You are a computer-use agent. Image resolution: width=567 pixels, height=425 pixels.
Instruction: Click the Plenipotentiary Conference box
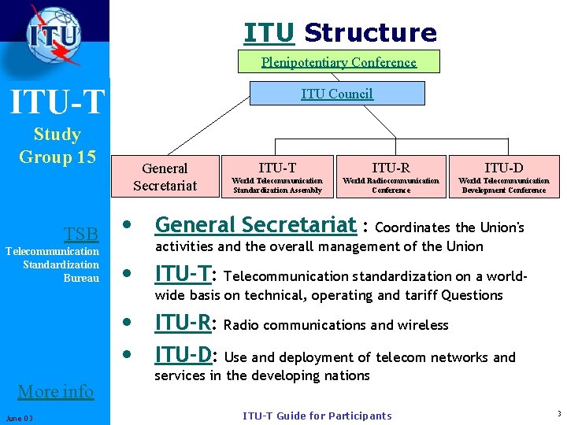[339, 62]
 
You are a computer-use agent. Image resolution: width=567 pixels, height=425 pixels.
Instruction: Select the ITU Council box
[336, 94]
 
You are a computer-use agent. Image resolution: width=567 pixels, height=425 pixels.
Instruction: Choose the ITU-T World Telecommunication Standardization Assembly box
[277, 176]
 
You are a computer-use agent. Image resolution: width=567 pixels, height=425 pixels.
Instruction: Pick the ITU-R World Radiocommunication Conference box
[391, 176]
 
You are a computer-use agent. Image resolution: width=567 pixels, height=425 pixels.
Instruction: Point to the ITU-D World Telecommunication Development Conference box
[504, 176]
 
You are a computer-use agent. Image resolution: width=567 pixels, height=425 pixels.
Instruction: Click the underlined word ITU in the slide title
[269, 33]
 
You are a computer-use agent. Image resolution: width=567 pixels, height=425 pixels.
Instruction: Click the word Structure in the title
[370, 33]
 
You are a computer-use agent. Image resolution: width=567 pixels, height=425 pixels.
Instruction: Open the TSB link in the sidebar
[81, 234]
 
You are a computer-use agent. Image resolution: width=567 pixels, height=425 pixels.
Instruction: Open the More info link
[55, 391]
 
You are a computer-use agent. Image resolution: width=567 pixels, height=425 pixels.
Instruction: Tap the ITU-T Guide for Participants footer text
[317, 416]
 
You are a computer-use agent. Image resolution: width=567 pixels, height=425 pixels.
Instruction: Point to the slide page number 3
[558, 414]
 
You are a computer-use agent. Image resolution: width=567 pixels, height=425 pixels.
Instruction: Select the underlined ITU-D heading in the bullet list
[183, 355]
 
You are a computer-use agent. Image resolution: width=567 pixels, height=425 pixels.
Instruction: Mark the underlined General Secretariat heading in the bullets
[255, 225]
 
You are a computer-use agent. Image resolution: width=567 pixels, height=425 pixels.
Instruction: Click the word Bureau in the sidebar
[81, 278]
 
